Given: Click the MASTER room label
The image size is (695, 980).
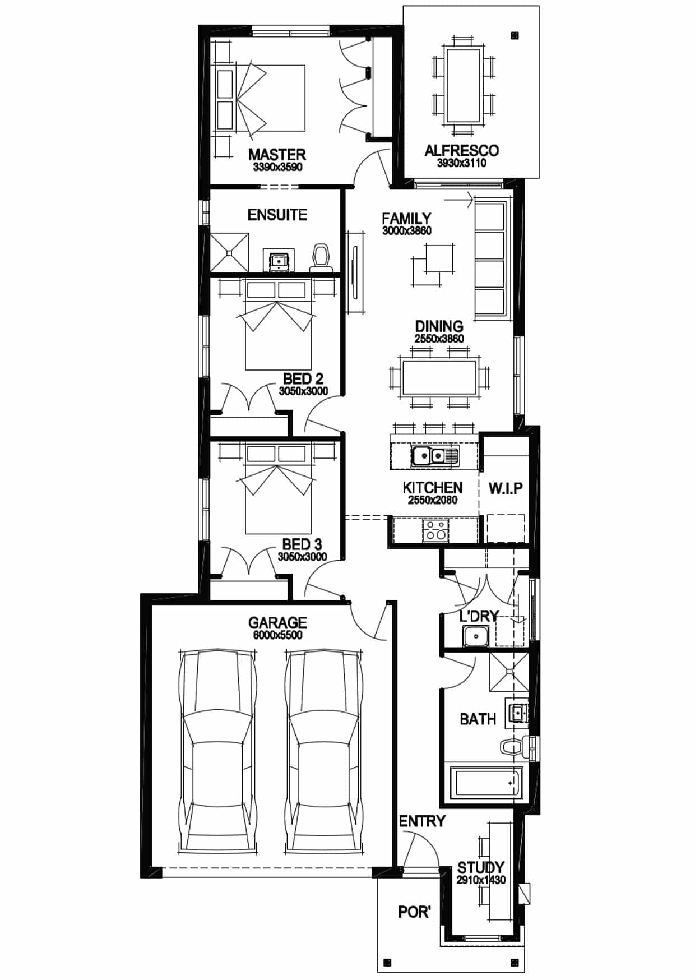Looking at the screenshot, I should pos(277,154).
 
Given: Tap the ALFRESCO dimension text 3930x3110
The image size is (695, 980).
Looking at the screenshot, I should pos(462,163).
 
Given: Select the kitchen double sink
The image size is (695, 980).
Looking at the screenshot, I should pos(435,456).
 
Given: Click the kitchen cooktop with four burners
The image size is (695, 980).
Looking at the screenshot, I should pos(435,530).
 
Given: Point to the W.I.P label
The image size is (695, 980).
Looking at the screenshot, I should pos(505,489).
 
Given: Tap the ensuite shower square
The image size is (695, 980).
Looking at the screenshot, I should pos(229,253).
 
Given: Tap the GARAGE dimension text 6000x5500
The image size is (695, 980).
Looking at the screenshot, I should pos(277,635).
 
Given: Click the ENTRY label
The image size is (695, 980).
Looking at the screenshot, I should pos(422,821).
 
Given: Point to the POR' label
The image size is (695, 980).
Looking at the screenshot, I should pos(414,912).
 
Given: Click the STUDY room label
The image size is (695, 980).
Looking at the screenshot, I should pos(480,868).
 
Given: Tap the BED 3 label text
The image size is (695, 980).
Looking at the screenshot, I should pos(302,544).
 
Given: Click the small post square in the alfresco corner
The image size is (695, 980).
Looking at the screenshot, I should pos(515,35).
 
